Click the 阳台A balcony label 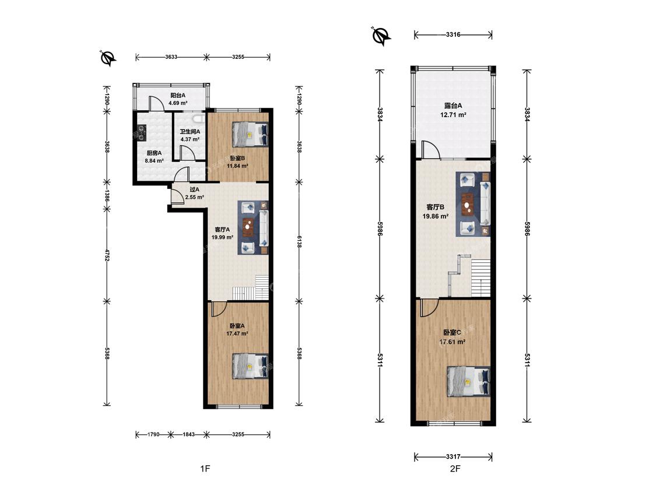click(178, 96)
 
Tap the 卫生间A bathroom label click(190, 131)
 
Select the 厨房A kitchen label click(154, 153)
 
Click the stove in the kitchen click(141, 132)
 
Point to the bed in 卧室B click(250, 134)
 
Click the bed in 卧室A click(250, 366)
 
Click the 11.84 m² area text click(238, 166)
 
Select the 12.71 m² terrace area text click(453, 114)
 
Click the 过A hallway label click(195, 189)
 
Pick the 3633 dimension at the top click(171, 57)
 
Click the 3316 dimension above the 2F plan click(453, 35)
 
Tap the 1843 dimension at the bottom click(188, 435)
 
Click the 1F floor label click(205, 469)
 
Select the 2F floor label click(455, 469)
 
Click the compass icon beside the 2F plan click(381, 36)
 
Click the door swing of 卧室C click(430, 308)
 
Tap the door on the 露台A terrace click(431, 150)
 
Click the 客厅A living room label click(222, 230)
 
